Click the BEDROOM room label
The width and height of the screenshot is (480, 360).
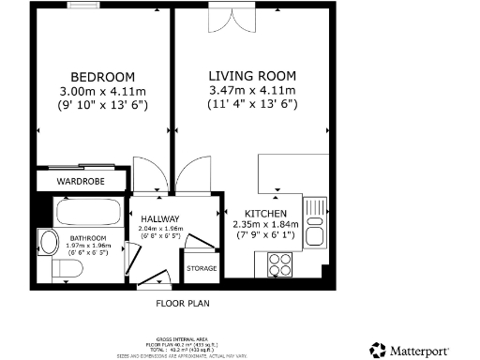point(103,76)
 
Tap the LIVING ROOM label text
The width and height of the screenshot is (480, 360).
point(252,75)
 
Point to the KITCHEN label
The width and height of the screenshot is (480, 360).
point(265,213)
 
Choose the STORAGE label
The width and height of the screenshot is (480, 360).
point(202,269)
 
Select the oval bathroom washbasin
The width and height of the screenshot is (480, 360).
point(47,242)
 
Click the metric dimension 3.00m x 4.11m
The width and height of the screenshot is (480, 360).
point(103,91)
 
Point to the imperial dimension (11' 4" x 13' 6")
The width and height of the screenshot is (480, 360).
point(252,105)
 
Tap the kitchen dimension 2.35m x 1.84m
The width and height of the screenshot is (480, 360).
point(265,224)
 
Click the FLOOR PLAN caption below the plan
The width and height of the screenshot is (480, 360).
point(182,304)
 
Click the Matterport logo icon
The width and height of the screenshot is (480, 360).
point(377,349)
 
